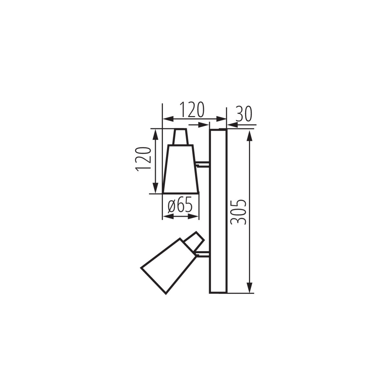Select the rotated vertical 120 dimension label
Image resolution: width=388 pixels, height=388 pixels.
pyautogui.click(x=144, y=159)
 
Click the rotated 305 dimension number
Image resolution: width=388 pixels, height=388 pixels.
pyautogui.click(x=239, y=212)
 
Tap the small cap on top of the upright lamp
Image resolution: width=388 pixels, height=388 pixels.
pyautogui.click(x=180, y=137)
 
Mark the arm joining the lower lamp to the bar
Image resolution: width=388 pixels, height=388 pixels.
pyautogui.click(x=203, y=254)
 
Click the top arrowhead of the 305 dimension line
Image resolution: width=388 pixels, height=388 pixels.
pyautogui.click(x=249, y=136)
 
